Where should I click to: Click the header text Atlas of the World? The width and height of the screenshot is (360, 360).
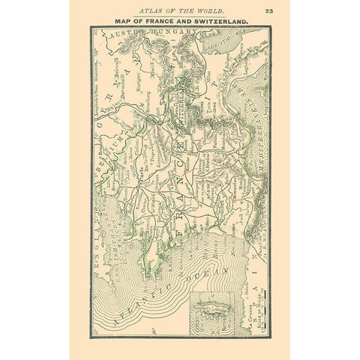(x=179, y=10)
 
